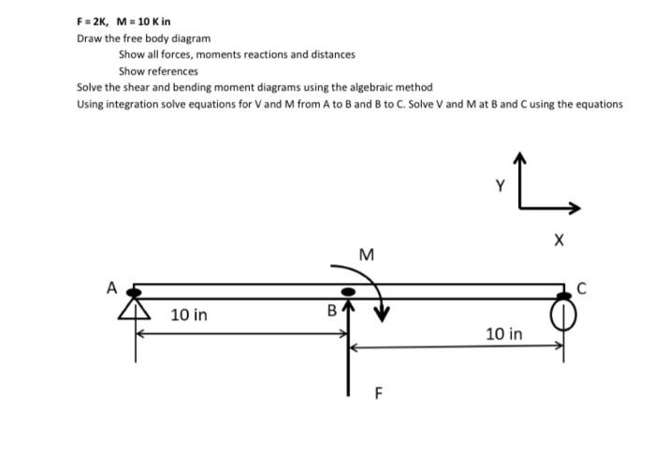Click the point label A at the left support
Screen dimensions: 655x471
pos(111,288)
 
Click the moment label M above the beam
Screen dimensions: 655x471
pos(366,255)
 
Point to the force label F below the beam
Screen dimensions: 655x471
pos(378,394)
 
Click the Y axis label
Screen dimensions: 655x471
pos(500,186)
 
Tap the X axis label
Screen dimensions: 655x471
pos(559,242)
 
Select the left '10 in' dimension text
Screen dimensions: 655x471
pos(189,315)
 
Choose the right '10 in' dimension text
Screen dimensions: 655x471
pos(504,333)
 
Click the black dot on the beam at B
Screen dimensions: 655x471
pos(349,293)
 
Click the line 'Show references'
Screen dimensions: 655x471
pos(158,71)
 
